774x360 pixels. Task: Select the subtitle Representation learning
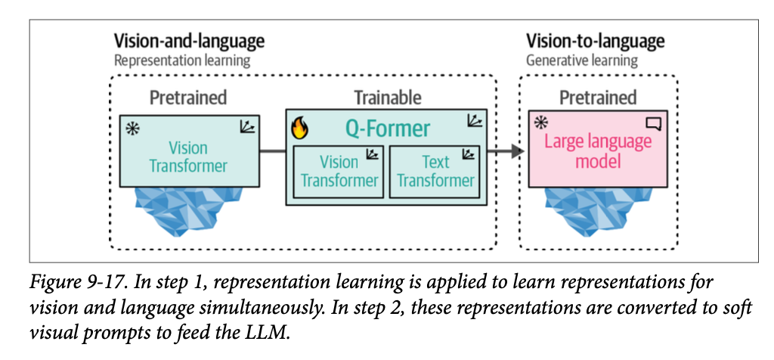181,60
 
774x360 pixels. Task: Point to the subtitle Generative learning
582,60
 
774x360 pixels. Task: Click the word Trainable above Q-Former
388,98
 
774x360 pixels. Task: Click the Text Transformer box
436,171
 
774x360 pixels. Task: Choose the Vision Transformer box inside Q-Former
339,171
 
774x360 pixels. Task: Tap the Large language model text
599,151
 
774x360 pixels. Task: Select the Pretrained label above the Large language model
598,98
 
